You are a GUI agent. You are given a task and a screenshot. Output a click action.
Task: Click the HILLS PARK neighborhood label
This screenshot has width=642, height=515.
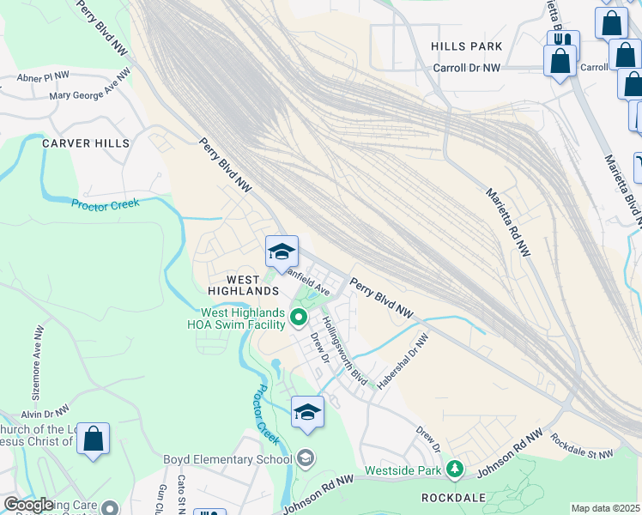click(466, 45)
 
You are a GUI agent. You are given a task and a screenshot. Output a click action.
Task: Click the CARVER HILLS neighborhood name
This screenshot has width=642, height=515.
click(86, 143)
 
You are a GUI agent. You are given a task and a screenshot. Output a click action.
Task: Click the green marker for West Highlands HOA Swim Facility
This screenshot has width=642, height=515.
click(299, 318)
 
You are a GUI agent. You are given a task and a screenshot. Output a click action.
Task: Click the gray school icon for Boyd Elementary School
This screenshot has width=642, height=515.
click(306, 458)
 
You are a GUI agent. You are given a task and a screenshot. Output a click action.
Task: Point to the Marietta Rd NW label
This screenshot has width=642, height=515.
click(508, 221)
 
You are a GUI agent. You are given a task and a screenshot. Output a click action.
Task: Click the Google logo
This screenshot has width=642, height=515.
click(28, 505)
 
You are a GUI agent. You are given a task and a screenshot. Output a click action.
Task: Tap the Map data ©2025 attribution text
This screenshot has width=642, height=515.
click(604, 508)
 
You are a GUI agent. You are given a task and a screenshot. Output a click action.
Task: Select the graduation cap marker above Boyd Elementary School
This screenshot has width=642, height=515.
click(307, 412)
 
